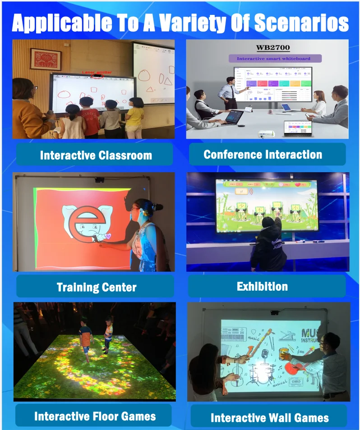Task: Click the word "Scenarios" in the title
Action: [x=301, y=23]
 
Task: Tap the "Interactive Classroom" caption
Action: [x=96, y=155]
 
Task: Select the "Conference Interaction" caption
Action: [x=263, y=155]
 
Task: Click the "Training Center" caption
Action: [x=97, y=287]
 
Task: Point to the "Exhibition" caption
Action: [x=262, y=286]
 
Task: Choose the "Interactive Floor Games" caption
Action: [x=95, y=416]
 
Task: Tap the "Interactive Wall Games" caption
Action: [x=269, y=417]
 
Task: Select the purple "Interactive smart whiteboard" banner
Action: [x=275, y=58]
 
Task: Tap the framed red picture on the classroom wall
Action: [x=46, y=59]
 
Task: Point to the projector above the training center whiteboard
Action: [x=99, y=180]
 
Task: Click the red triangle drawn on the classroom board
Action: [x=167, y=82]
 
